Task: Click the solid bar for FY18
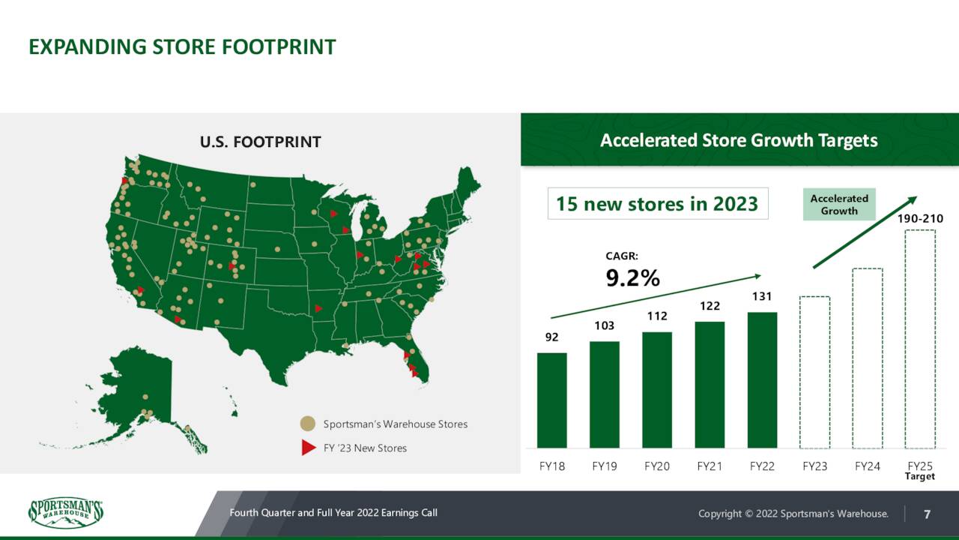pyautogui.click(x=551, y=400)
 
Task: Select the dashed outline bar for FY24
pyautogui.click(x=868, y=358)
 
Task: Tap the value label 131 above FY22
pyautogui.click(x=762, y=297)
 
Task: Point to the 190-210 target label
pyautogui.click(x=920, y=218)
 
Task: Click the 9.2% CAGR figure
pyautogui.click(x=632, y=278)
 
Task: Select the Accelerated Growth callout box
pyautogui.click(x=839, y=205)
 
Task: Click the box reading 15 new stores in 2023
pyautogui.click(x=658, y=203)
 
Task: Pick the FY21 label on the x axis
pyautogui.click(x=710, y=466)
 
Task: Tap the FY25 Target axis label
pyautogui.click(x=920, y=470)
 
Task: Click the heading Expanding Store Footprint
pyautogui.click(x=182, y=47)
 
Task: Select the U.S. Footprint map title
pyautogui.click(x=260, y=142)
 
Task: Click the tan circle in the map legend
pyautogui.click(x=307, y=424)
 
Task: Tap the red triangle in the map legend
pyautogui.click(x=307, y=448)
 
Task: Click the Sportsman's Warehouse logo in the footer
pyautogui.click(x=65, y=514)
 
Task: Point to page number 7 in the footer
pyautogui.click(x=928, y=514)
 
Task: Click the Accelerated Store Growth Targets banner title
pyautogui.click(x=739, y=140)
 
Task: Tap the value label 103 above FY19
pyautogui.click(x=605, y=326)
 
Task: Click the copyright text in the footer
pyautogui.click(x=793, y=514)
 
